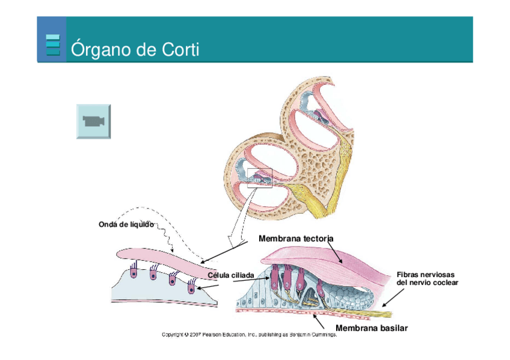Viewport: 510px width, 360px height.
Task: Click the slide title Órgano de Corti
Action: [135, 49]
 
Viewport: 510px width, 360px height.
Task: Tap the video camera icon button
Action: [93, 121]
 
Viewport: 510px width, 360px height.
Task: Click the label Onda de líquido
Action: [126, 224]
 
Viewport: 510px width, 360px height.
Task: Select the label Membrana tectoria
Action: [295, 239]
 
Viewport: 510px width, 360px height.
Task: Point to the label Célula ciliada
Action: [231, 275]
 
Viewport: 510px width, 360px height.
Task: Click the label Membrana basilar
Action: [371, 328]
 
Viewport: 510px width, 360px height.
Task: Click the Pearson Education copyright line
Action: [249, 335]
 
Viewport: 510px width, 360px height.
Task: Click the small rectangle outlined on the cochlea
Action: [260, 178]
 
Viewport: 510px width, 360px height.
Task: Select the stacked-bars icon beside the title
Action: [53, 45]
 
